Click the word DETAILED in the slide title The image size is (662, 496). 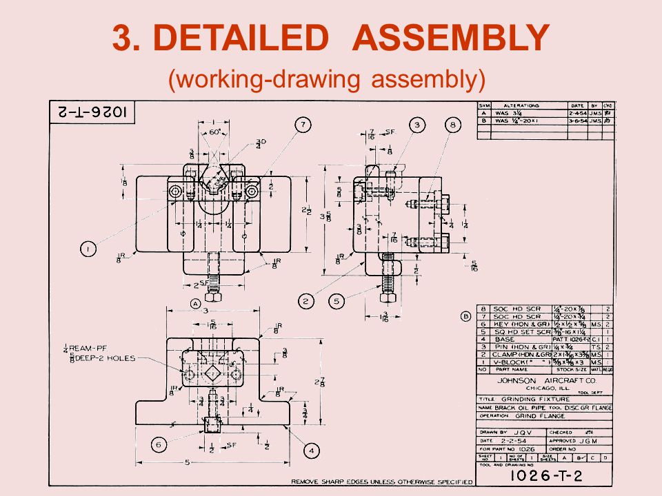click(x=251, y=39)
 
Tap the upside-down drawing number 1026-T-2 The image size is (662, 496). click(x=92, y=112)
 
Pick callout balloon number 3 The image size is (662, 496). click(x=417, y=125)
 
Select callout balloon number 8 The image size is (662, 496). click(x=452, y=125)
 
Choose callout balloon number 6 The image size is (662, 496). click(x=158, y=446)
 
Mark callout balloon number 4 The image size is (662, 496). click(x=312, y=451)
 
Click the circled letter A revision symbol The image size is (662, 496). click(x=195, y=303)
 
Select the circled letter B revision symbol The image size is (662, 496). click(x=465, y=316)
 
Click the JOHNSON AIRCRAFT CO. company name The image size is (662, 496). click(x=536, y=380)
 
